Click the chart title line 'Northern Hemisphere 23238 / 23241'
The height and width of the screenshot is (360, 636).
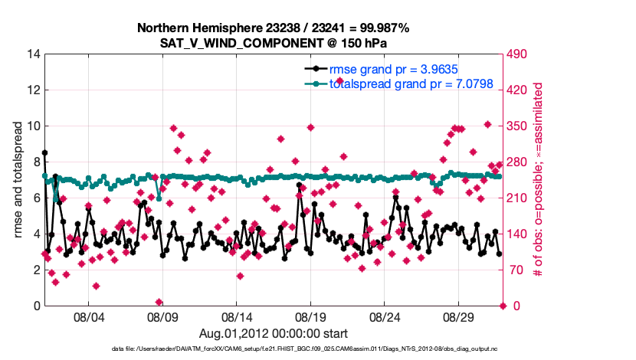tap(273, 28)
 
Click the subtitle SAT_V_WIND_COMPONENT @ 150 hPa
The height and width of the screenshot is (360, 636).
tap(273, 42)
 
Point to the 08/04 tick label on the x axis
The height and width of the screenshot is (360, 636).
tap(87, 317)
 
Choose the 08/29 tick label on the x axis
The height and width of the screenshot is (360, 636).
tap(458, 317)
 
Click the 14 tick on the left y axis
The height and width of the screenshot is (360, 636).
tap(34, 54)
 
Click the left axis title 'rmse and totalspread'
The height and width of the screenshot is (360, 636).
tap(18, 180)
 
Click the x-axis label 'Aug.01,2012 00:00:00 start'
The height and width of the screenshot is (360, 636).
tap(273, 333)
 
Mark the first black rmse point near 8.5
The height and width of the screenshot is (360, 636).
tap(44, 152)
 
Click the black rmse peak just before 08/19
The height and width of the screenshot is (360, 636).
tap(299, 185)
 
